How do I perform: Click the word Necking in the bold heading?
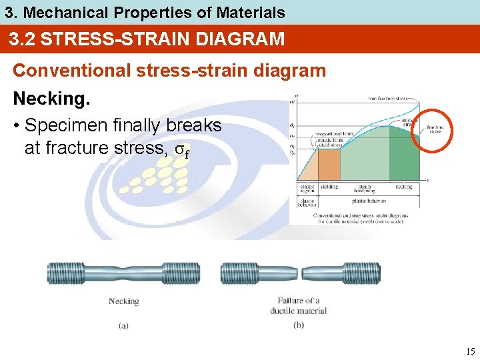(49, 99)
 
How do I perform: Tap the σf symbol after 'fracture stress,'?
(181, 150)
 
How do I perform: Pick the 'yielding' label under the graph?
(329, 187)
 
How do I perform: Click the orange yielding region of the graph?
(329, 164)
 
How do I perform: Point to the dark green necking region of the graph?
(403, 157)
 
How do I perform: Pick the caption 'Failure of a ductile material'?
(298, 306)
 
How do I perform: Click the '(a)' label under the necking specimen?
(123, 325)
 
